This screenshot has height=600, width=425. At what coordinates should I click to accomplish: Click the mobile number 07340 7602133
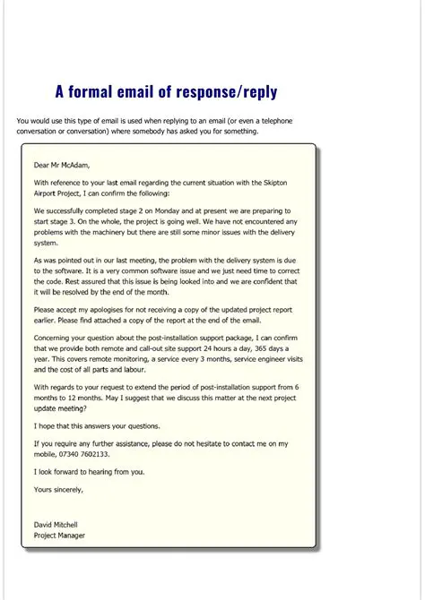click(87, 454)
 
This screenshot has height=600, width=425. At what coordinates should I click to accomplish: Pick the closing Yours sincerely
click(58, 489)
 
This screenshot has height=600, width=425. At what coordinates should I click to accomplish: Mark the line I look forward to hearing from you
click(88, 471)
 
